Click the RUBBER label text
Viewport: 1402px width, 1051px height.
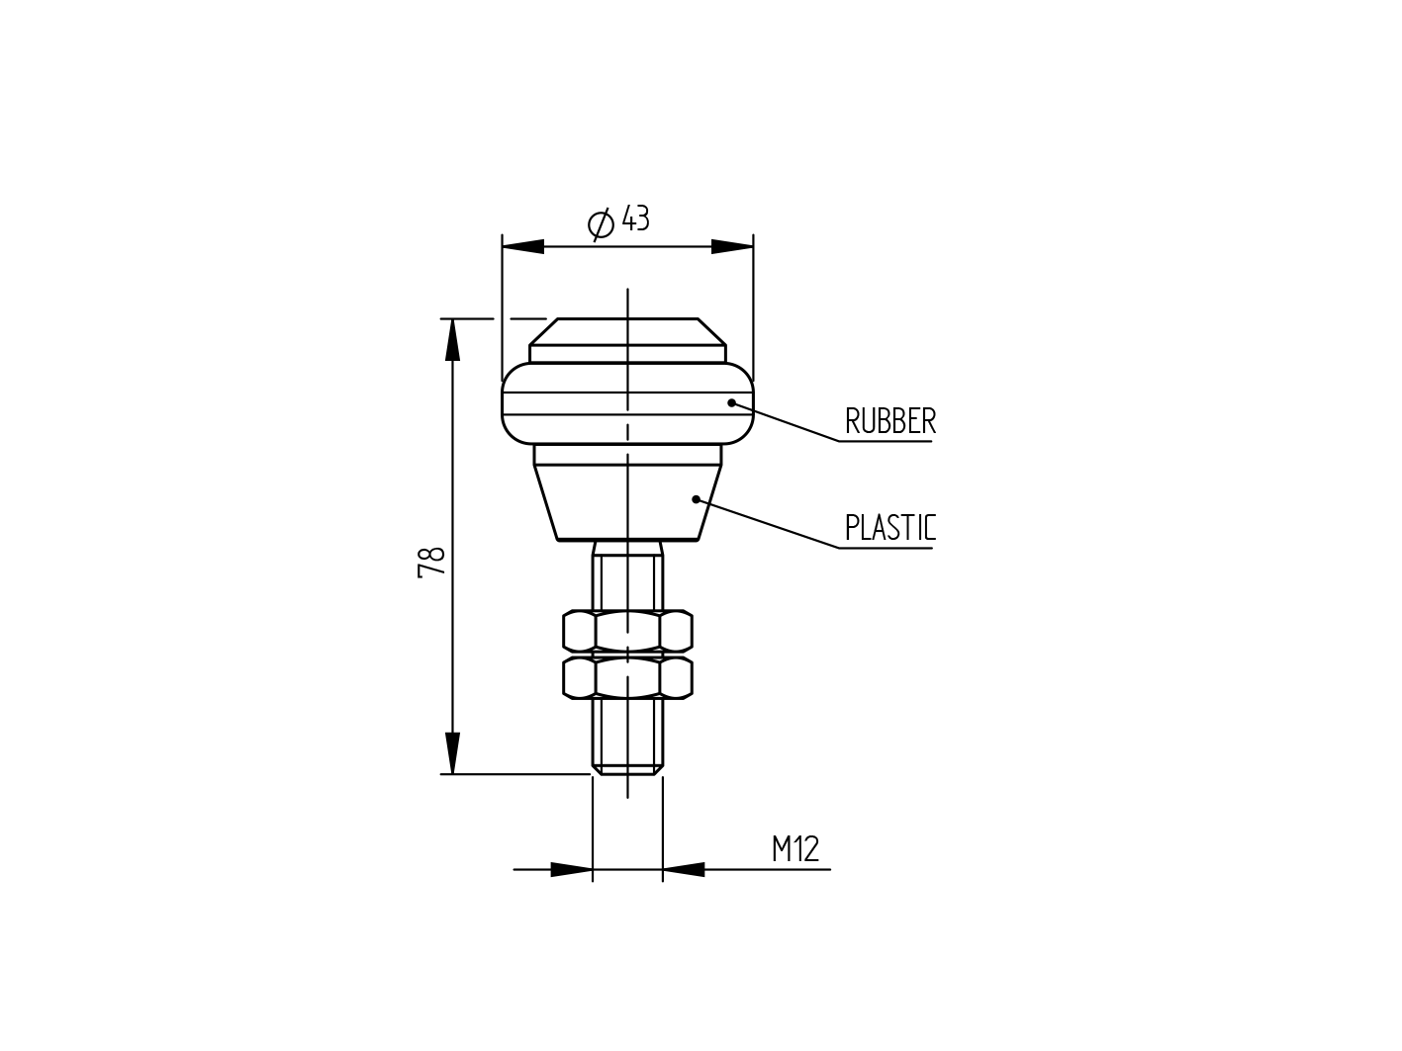[x=889, y=421]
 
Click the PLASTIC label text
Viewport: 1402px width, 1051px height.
[x=889, y=528]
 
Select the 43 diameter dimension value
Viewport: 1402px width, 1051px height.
[x=636, y=219]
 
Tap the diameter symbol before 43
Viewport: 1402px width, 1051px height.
[x=601, y=224]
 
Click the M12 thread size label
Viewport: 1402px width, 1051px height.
[x=795, y=849]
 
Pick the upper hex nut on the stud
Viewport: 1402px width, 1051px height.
[x=627, y=631]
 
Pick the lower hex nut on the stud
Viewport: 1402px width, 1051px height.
[x=627, y=677]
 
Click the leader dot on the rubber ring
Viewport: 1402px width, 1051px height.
[x=732, y=402]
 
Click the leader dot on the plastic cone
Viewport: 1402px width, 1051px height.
[x=696, y=498]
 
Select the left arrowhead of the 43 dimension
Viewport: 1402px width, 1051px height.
[x=523, y=246]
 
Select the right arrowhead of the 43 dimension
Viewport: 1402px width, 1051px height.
[x=732, y=246]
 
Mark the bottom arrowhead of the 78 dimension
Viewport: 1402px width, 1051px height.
[x=452, y=753]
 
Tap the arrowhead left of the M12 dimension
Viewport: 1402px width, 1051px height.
[x=571, y=870]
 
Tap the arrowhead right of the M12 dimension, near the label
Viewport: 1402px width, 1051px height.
[x=684, y=870]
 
